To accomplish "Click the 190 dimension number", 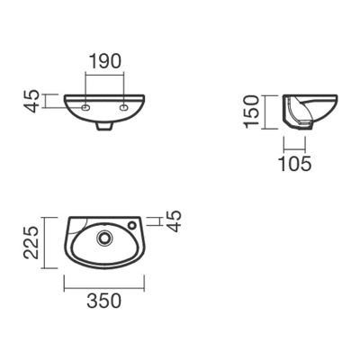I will click(x=104, y=62).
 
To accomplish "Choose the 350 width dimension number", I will click(x=104, y=303).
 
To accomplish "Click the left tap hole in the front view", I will click(x=85, y=107).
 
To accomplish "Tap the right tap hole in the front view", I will click(x=124, y=107).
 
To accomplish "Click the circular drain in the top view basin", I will click(x=104, y=239).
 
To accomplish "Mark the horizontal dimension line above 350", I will click(x=104, y=289).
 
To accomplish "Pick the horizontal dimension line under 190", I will click(x=104, y=76).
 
